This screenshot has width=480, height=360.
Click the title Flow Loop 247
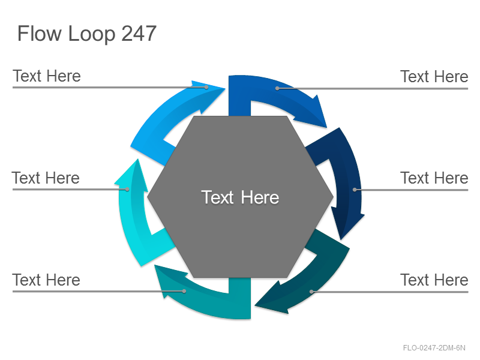[87, 34]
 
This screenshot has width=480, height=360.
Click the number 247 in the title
[139, 34]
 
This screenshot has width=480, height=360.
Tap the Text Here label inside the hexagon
[240, 197]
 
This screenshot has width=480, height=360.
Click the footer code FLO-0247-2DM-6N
[434, 348]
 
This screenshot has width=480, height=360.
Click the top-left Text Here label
[47, 76]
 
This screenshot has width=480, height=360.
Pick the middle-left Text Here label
[46, 178]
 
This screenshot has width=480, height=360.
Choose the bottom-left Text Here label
[46, 280]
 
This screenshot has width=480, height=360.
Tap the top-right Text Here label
[434, 77]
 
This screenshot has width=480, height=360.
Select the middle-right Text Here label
[434, 178]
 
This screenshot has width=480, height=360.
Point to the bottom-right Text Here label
[434, 280]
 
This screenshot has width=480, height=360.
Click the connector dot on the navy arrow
[355, 190]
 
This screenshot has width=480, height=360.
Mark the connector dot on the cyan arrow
[127, 190]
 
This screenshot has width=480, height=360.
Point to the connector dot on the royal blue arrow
[277, 88]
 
